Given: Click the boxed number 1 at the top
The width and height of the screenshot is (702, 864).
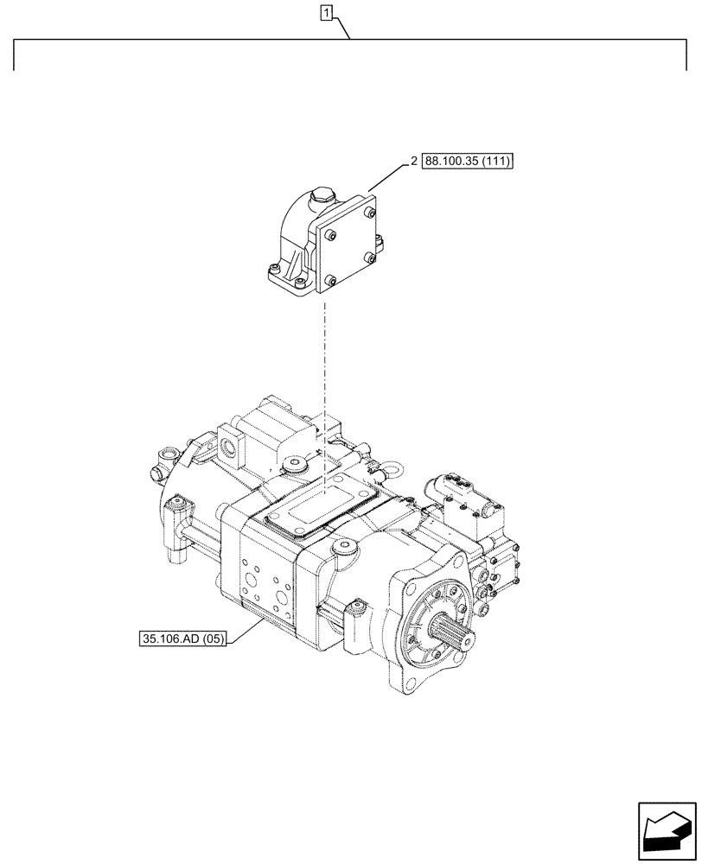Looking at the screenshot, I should [x=326, y=13].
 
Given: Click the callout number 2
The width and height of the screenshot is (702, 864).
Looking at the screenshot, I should [x=414, y=162].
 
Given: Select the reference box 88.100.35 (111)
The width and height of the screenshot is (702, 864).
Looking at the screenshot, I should [x=468, y=162].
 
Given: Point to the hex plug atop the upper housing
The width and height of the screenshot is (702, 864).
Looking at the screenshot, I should [x=322, y=197].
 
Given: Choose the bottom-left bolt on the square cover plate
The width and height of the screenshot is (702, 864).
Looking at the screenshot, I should [x=330, y=277].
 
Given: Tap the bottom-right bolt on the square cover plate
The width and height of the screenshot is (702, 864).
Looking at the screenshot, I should [x=369, y=257].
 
